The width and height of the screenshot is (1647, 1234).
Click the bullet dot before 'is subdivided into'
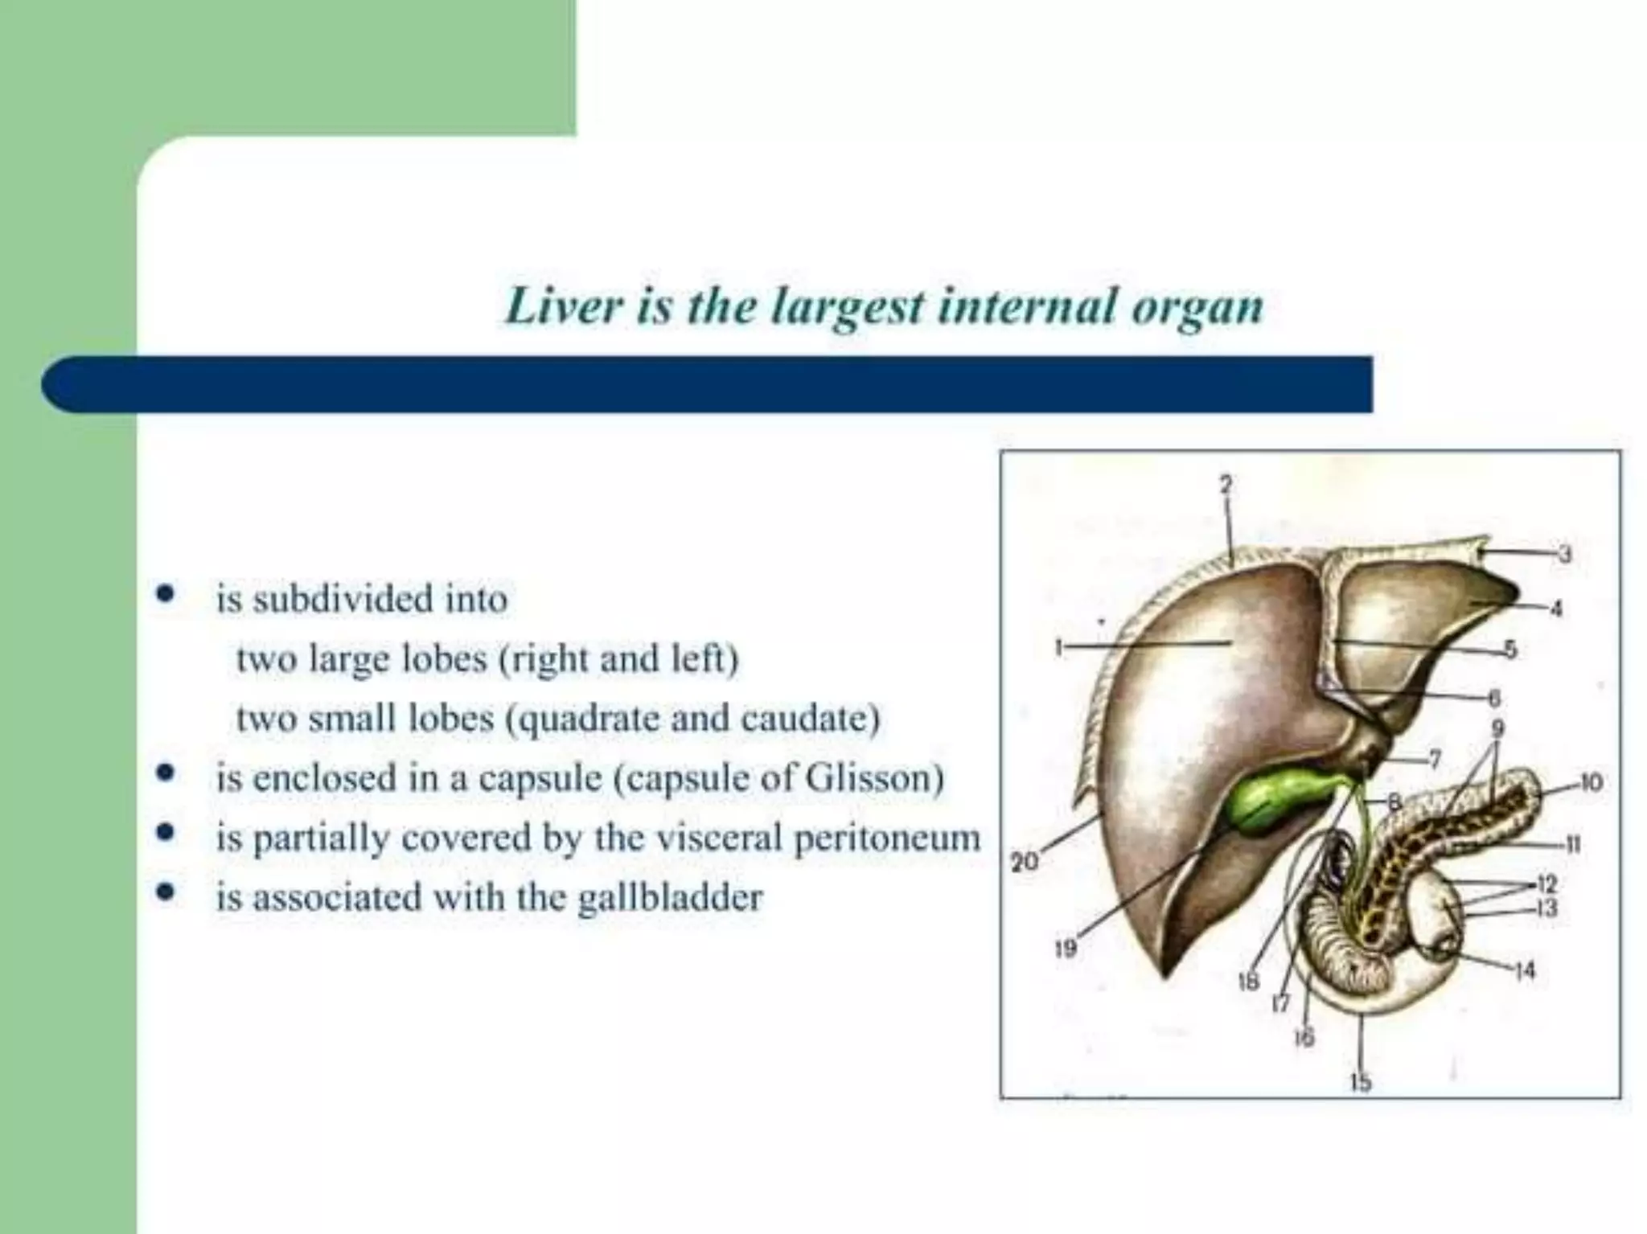(x=166, y=596)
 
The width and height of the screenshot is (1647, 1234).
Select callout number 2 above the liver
(x=1225, y=484)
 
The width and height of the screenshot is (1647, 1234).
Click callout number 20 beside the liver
(x=1024, y=863)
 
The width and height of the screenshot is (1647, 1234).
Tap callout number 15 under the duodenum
(x=1360, y=1083)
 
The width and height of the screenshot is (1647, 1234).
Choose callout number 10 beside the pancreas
(x=1592, y=782)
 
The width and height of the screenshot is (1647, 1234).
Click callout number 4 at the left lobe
(x=1556, y=609)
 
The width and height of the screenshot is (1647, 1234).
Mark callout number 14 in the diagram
(x=1525, y=971)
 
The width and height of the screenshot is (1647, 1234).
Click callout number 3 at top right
(x=1564, y=554)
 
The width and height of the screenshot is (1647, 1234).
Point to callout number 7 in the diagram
(x=1434, y=758)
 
